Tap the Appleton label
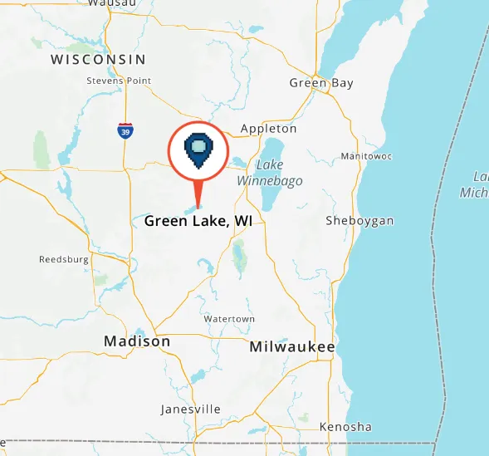(x=268, y=129)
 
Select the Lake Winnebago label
(x=270, y=173)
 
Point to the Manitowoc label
(x=366, y=156)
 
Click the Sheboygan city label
(x=359, y=220)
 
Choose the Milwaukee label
(x=292, y=347)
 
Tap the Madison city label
(x=137, y=341)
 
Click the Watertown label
(x=229, y=319)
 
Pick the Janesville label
(x=190, y=409)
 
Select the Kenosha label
(x=345, y=427)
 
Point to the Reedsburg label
(x=64, y=260)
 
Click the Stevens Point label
(x=119, y=81)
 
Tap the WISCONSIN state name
(x=98, y=60)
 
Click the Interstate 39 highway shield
(x=124, y=130)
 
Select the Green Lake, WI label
(x=198, y=221)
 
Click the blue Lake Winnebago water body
(x=269, y=199)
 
